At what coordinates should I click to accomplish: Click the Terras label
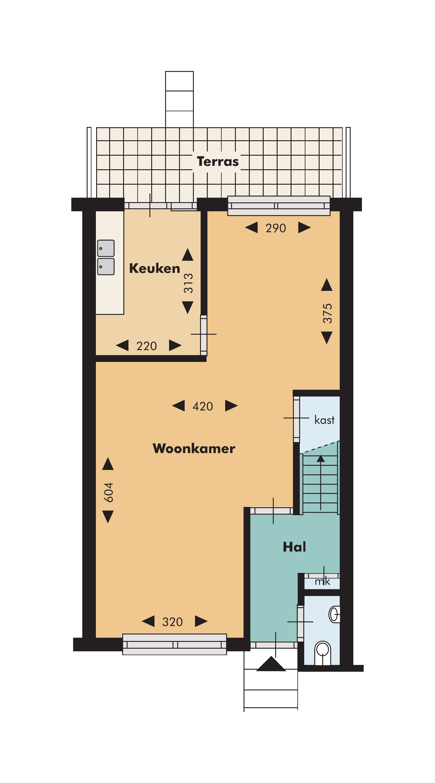click(218, 161)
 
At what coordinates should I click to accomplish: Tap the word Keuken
click(154, 268)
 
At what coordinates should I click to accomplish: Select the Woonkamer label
click(194, 448)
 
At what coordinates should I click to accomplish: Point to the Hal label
click(294, 547)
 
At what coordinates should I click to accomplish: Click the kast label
click(324, 420)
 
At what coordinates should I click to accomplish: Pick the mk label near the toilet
click(323, 581)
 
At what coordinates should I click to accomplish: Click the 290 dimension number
click(276, 228)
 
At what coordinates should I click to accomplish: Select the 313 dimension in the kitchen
click(188, 283)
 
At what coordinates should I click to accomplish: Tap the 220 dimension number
click(146, 346)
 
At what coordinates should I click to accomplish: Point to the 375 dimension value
click(327, 313)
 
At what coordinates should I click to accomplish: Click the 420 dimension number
click(203, 406)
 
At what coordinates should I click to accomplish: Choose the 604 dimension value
click(109, 492)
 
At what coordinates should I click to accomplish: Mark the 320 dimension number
click(172, 622)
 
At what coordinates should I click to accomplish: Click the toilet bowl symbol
click(322, 653)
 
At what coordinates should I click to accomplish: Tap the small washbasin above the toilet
click(334, 614)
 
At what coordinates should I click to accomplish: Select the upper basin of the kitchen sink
click(106, 248)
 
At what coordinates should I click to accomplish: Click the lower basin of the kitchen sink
click(106, 267)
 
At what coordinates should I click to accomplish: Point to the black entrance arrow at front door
click(271, 663)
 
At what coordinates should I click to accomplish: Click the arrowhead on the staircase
click(320, 458)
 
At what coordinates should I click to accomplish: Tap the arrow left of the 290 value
click(252, 227)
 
